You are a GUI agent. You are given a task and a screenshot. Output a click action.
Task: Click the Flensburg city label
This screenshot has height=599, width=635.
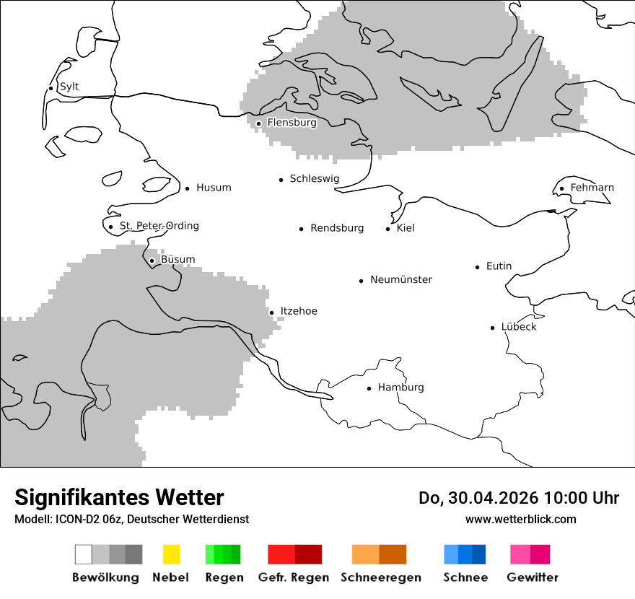[292, 123]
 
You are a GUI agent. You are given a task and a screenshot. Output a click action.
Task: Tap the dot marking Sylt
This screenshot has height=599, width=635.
[51, 88]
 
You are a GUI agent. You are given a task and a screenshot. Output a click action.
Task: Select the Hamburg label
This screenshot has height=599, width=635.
[400, 388]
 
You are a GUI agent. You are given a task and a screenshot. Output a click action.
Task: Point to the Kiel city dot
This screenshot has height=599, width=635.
[388, 229]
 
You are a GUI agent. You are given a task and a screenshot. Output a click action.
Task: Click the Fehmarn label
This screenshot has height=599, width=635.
[592, 188]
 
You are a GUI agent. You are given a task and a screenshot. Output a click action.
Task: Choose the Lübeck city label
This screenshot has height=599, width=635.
[519, 327]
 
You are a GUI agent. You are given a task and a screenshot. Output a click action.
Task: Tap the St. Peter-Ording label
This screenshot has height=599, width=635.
[159, 226]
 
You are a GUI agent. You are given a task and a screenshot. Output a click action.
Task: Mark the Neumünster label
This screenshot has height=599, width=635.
[401, 279]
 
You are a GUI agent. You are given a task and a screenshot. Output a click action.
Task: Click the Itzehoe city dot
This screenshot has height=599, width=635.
[272, 312]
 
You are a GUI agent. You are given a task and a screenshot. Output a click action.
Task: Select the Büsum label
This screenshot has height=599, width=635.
[178, 260]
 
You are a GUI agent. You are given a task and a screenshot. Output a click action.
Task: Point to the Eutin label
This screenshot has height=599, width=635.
[499, 266]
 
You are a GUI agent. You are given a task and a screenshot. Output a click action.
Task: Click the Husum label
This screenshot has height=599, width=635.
[214, 188]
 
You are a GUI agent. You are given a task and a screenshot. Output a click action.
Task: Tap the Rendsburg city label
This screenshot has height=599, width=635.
[337, 228]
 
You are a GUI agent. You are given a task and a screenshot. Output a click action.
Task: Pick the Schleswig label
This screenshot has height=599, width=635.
[314, 179]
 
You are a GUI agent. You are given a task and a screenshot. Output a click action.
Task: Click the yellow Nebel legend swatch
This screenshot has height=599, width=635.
[171, 554]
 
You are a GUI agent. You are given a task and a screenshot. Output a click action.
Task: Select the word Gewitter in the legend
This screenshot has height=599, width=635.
[533, 577]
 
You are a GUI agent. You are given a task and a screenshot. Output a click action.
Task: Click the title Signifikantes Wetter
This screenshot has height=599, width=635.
[119, 498]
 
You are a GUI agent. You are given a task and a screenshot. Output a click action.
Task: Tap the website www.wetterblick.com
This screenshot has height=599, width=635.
[520, 519]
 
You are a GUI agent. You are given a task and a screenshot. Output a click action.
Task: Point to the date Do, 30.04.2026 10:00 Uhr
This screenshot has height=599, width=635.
[518, 498]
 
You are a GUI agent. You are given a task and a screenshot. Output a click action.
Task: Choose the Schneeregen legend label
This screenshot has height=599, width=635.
[380, 577]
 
